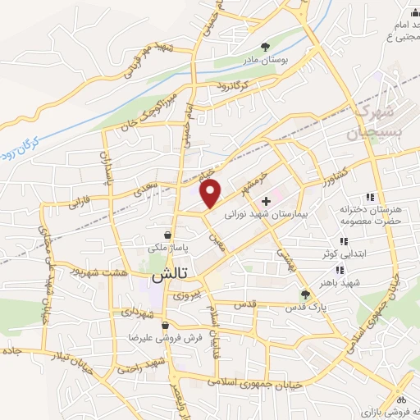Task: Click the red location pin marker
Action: coord(212,194)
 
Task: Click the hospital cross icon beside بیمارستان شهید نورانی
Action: coord(265,201)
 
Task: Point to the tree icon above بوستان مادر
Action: coord(264,47)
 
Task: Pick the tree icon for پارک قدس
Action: coord(305,294)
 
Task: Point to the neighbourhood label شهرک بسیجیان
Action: coord(373,121)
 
